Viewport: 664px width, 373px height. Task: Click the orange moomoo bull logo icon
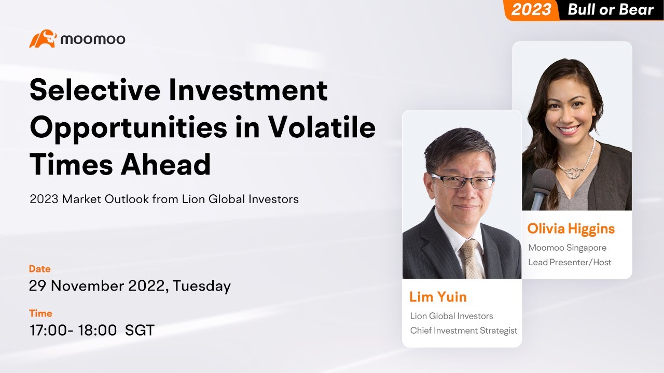43,39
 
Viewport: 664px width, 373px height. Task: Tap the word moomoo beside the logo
92,39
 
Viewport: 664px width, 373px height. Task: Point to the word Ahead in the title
165,165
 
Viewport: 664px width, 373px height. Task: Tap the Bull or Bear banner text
611,9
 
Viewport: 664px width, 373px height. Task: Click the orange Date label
40,269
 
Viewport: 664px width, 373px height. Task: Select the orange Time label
40,313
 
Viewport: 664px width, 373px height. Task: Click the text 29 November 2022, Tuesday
130,285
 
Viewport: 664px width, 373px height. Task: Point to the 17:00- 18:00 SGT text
92,330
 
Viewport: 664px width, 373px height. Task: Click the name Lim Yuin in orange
438,297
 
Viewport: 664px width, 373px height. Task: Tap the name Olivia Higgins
571,228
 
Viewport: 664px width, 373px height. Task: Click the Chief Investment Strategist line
463,331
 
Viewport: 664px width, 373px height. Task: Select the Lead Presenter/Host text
569,262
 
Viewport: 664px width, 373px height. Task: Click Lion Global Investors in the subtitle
240,199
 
